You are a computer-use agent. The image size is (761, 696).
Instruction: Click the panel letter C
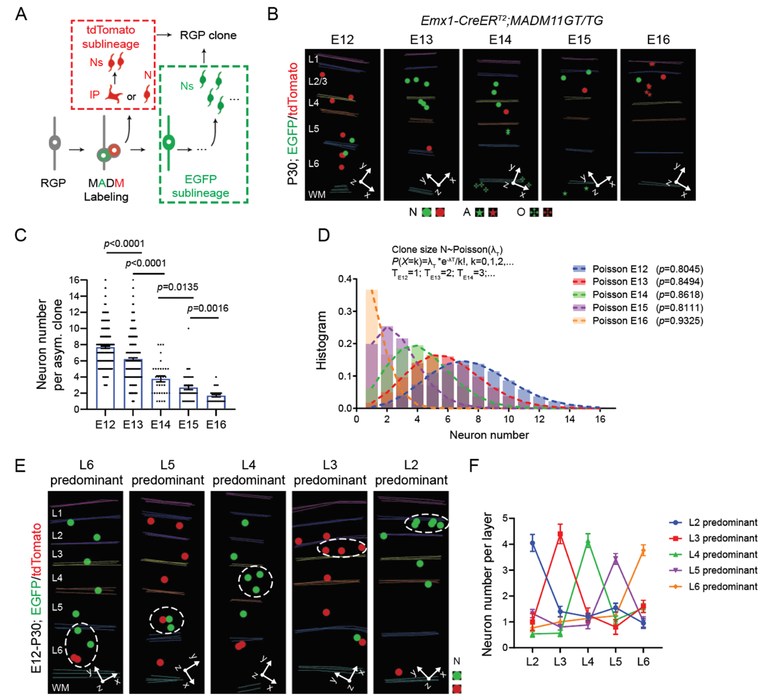(20, 235)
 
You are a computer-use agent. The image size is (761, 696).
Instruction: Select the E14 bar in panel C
(160, 394)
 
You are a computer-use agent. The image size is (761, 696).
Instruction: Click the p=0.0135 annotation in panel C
(177, 287)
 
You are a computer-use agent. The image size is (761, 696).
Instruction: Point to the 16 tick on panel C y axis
(74, 280)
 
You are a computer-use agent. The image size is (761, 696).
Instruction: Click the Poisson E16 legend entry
(620, 321)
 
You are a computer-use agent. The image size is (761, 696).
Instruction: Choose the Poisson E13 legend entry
(620, 282)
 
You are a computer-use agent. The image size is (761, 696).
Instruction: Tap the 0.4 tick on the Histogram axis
(345, 279)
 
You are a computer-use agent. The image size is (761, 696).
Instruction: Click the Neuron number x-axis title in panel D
(489, 435)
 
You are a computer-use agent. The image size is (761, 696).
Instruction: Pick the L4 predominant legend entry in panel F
(722, 555)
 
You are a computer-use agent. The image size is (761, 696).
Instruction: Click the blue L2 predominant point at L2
(532, 543)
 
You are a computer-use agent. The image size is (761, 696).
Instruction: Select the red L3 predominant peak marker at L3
(560, 534)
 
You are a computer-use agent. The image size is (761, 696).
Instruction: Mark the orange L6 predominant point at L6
(643, 551)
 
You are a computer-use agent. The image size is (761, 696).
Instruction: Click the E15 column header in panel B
(579, 40)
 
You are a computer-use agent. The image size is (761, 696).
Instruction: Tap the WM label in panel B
(317, 195)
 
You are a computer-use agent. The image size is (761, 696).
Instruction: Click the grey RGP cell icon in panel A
(54, 143)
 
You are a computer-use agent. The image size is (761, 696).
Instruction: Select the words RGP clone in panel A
(208, 35)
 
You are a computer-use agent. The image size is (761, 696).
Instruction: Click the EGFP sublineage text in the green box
(200, 186)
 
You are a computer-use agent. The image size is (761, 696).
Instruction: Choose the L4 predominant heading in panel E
(248, 473)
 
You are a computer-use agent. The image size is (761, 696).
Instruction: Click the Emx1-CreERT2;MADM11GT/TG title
(511, 20)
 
